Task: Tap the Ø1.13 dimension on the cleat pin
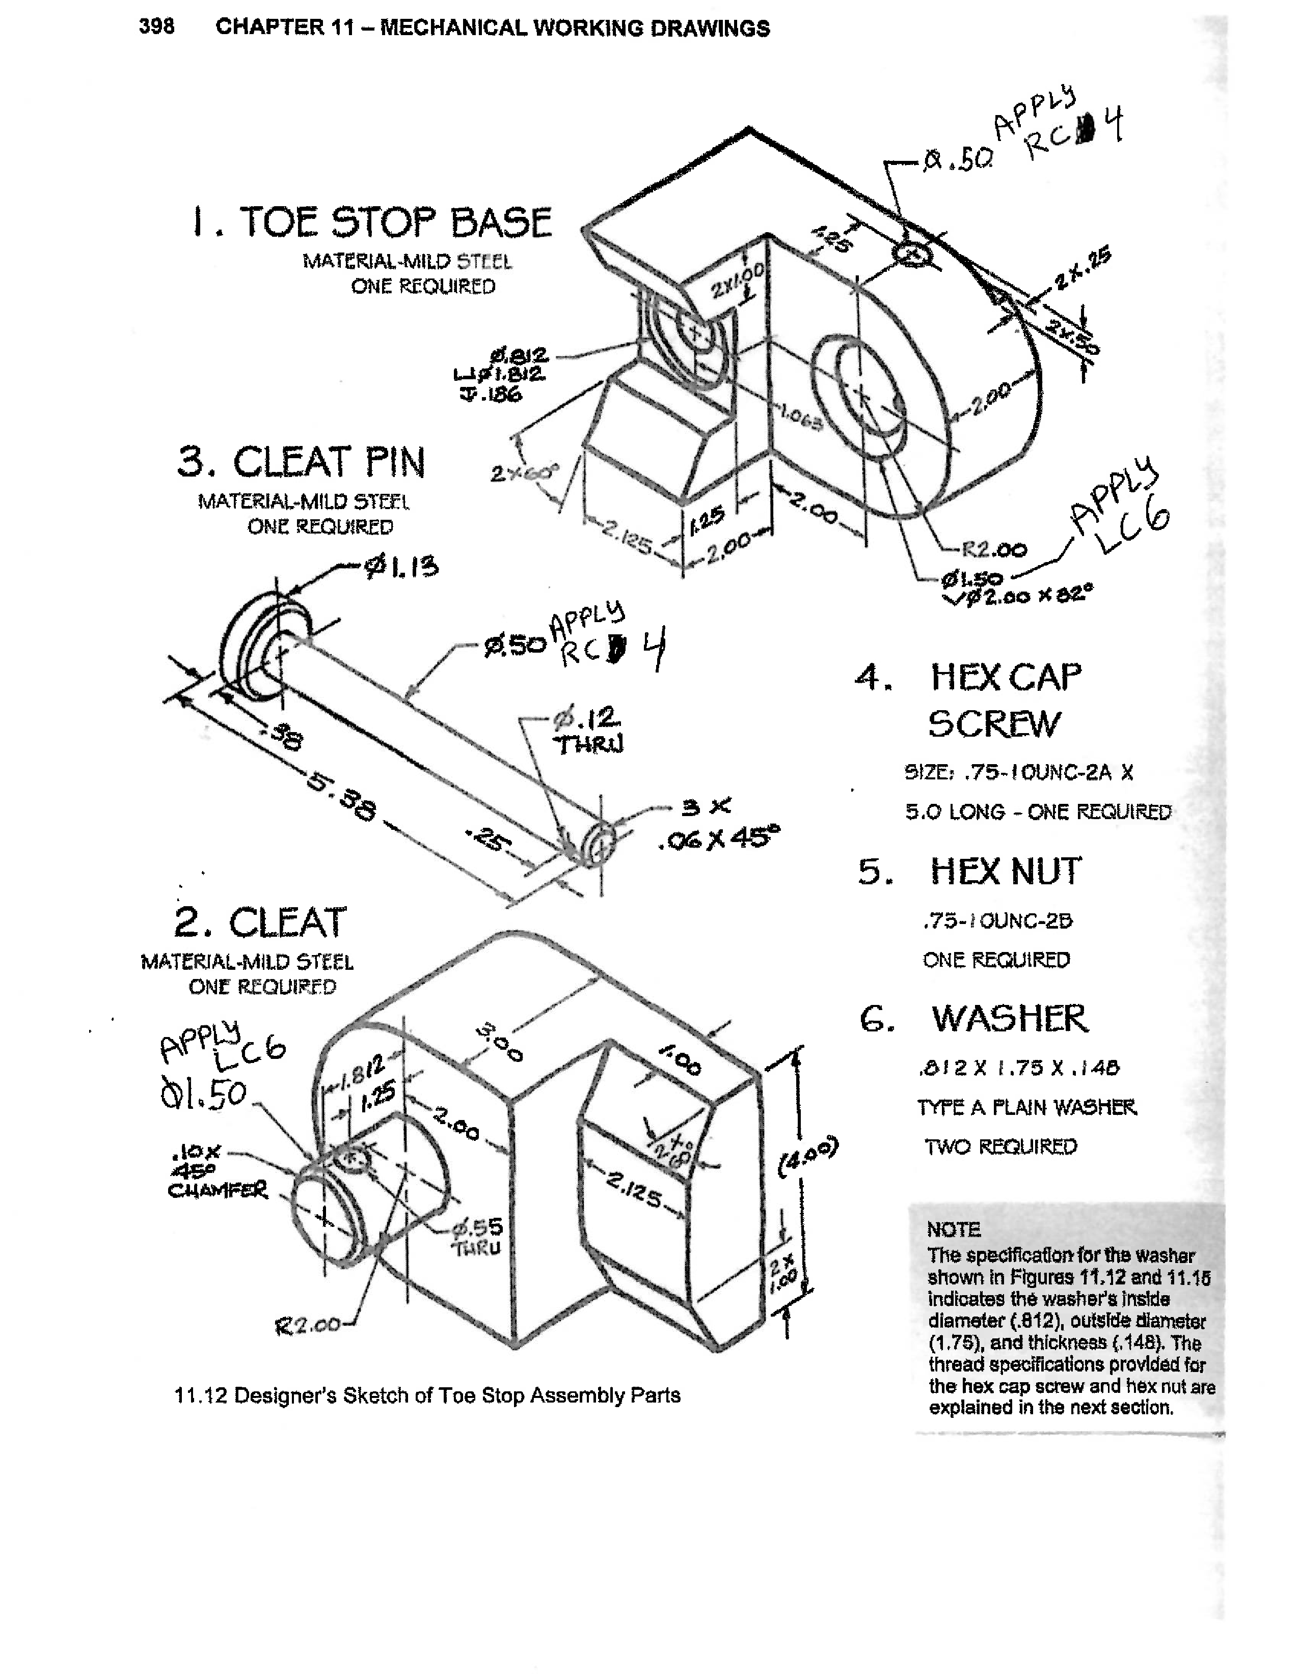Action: pyautogui.click(x=401, y=568)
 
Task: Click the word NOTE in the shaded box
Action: pyautogui.click(x=954, y=1229)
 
